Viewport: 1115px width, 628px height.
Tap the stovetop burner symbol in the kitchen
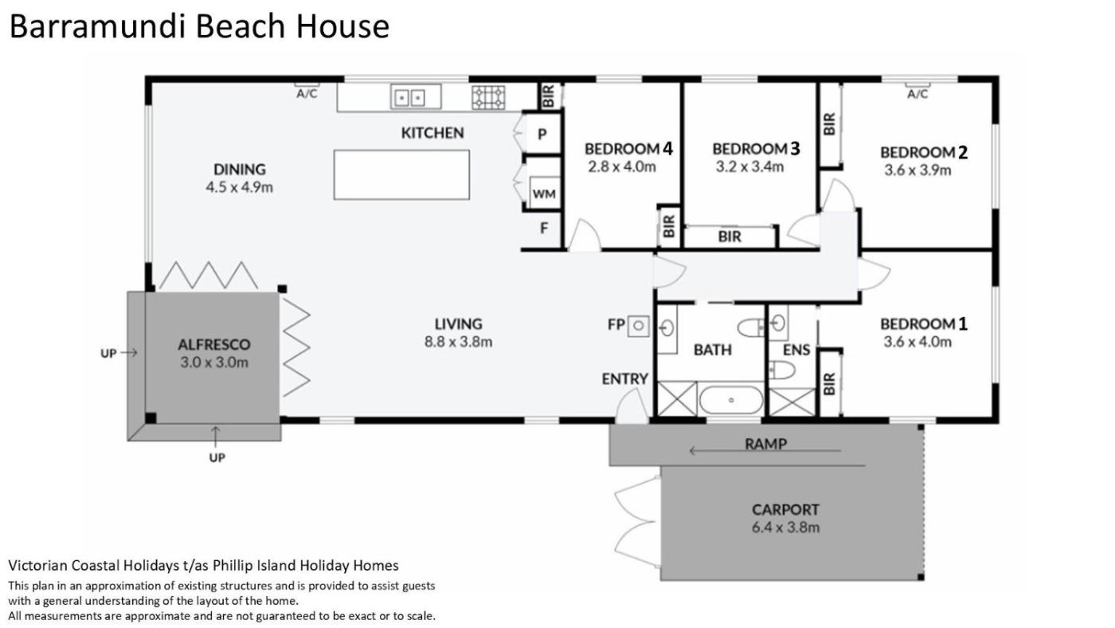pyautogui.click(x=488, y=97)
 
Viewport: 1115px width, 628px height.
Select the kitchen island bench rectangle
pyautogui.click(x=401, y=175)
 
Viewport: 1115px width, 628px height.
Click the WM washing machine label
pyautogui.click(x=544, y=194)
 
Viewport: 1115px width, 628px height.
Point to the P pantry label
pyautogui.click(x=542, y=133)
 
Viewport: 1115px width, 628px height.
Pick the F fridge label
pyautogui.click(x=544, y=228)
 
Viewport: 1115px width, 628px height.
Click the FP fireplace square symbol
pyautogui.click(x=638, y=326)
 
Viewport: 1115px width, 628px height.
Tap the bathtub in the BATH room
pyautogui.click(x=731, y=400)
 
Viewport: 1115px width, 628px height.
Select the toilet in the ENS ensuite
pyautogui.click(x=781, y=370)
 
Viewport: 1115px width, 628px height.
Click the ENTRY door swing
pyautogui.click(x=631, y=406)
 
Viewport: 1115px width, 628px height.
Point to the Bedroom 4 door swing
pyautogui.click(x=585, y=234)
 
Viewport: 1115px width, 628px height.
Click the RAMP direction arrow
pyautogui.click(x=765, y=451)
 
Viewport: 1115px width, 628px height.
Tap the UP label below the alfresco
pyautogui.click(x=217, y=457)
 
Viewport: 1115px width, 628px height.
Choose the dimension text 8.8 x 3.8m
pyautogui.click(x=458, y=342)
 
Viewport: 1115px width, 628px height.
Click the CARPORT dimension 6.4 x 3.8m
pyautogui.click(x=785, y=527)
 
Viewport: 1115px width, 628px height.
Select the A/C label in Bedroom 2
pyautogui.click(x=917, y=94)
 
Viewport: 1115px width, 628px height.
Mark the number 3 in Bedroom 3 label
pyautogui.click(x=795, y=148)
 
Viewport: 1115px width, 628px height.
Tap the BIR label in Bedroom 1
pyautogui.click(x=829, y=383)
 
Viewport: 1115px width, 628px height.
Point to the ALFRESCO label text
pyautogui.click(x=214, y=344)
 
